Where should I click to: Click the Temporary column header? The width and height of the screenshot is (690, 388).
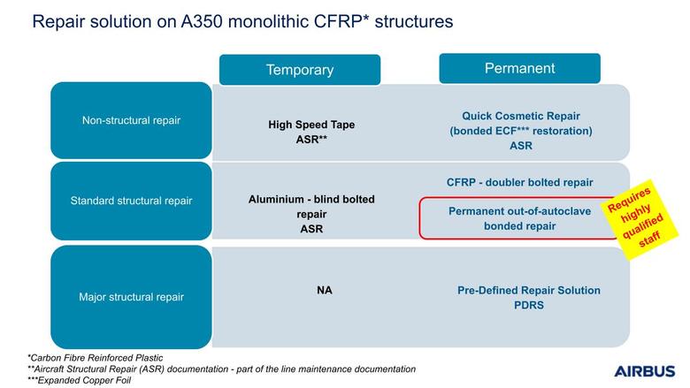(299, 70)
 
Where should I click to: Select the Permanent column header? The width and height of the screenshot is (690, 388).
(519, 68)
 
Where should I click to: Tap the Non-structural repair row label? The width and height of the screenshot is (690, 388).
(131, 120)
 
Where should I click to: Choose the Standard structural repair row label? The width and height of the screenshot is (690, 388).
(131, 201)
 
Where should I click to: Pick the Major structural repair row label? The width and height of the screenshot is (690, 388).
(131, 297)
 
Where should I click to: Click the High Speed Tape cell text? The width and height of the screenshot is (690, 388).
(311, 125)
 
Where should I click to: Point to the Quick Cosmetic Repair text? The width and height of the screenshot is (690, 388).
(520, 116)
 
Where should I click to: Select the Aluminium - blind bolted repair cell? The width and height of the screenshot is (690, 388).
(311, 214)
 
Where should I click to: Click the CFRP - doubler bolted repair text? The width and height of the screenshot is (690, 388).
(520, 182)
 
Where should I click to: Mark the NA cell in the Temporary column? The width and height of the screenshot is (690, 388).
(324, 289)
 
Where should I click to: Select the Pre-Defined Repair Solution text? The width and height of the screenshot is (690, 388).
(528, 290)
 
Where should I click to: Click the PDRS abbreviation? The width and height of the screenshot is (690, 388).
(528, 306)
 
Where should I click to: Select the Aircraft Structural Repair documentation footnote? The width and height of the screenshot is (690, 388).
(221, 369)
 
